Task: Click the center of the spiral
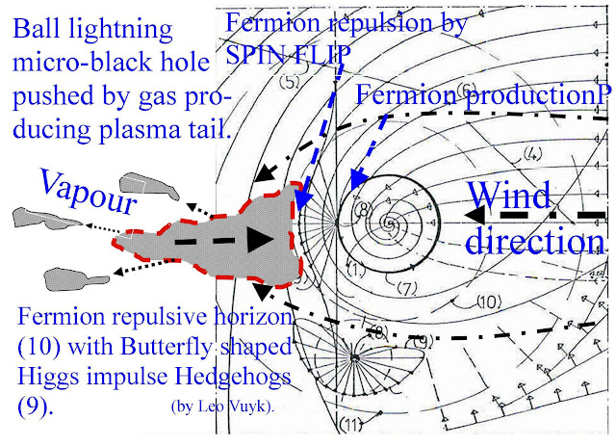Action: coord(389,223)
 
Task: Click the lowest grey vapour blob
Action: coord(73,277)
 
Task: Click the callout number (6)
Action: coord(468,92)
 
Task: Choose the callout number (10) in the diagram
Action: coord(489,302)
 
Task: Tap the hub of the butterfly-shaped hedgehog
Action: coord(354,357)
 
